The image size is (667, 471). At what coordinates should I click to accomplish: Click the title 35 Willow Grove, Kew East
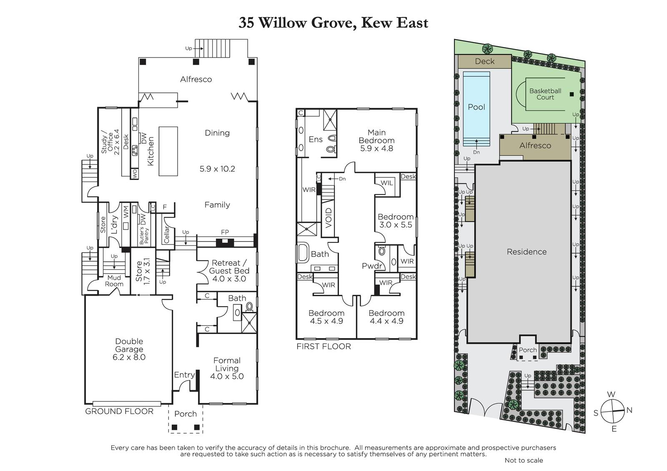click(333, 22)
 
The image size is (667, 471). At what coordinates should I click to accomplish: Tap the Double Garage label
click(129, 349)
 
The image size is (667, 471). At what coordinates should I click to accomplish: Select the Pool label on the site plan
click(476, 107)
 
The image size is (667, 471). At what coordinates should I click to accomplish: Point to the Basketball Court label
click(545, 94)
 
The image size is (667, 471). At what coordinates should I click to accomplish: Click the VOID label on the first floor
click(328, 218)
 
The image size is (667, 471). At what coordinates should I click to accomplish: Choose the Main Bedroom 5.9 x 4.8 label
click(377, 140)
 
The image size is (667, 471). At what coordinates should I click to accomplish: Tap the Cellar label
click(166, 234)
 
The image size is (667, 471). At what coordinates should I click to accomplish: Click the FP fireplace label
click(225, 232)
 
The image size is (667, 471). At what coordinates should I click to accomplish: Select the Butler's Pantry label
click(144, 236)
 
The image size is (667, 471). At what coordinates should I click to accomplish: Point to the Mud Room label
click(114, 281)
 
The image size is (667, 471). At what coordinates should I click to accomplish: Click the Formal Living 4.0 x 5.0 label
click(227, 369)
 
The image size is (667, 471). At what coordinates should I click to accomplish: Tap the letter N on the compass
click(629, 410)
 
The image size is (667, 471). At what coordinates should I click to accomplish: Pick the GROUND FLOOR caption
click(119, 411)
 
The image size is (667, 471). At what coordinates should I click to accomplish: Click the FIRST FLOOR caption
click(323, 346)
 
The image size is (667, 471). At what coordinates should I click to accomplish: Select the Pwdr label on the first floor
click(372, 266)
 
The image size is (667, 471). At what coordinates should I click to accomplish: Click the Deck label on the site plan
click(484, 61)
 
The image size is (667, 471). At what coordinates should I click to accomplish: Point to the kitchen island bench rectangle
click(168, 151)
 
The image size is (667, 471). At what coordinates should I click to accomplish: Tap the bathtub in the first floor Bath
click(303, 253)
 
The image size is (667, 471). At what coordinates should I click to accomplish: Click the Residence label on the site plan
click(527, 252)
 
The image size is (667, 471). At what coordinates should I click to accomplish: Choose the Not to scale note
click(524, 460)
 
